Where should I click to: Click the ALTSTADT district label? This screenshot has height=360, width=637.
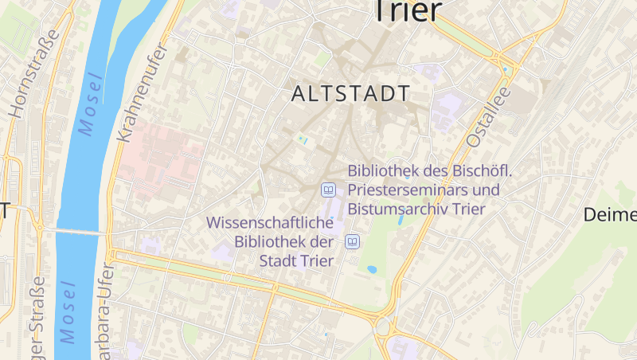pyautogui.click(x=350, y=94)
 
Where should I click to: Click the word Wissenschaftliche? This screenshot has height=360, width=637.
pyautogui.click(x=269, y=224)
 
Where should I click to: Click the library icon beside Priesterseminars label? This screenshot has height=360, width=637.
pyautogui.click(x=328, y=190)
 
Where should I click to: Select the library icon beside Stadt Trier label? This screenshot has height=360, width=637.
pyautogui.click(x=352, y=241)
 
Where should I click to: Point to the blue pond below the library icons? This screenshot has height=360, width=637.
pyautogui.click(x=372, y=270)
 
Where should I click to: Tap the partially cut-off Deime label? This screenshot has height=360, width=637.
pyautogui.click(x=610, y=214)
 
